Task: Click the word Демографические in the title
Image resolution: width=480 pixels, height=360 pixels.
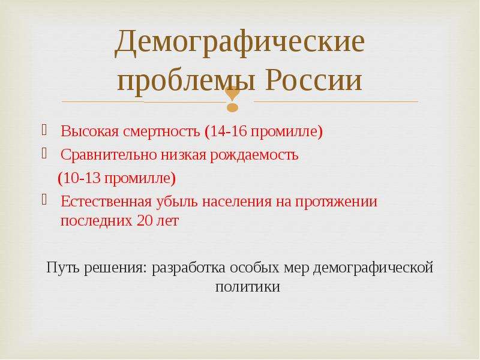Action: click(x=239, y=41)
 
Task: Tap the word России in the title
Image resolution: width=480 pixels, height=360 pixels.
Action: click(x=314, y=80)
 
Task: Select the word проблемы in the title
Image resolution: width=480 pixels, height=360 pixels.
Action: click(x=186, y=81)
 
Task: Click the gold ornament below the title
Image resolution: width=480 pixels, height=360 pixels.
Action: click(x=233, y=98)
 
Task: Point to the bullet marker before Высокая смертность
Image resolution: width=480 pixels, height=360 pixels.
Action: click(x=44, y=130)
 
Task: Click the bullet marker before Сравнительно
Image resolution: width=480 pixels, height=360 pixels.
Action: click(x=44, y=153)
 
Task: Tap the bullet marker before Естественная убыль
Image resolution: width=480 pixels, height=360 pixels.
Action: click(x=44, y=200)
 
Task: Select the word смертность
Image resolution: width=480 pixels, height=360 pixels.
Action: click(x=161, y=131)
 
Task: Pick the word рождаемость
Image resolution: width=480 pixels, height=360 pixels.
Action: click(x=254, y=155)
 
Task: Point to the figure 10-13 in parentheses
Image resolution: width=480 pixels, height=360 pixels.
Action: click(x=82, y=178)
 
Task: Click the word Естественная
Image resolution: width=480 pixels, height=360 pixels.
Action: click(x=106, y=202)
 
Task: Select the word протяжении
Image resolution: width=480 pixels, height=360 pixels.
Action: click(x=337, y=202)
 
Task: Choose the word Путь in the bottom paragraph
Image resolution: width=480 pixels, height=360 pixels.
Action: click(x=63, y=268)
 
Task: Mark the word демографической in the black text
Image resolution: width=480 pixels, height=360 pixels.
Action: click(x=373, y=268)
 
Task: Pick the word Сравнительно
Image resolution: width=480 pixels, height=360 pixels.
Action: click(x=109, y=155)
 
